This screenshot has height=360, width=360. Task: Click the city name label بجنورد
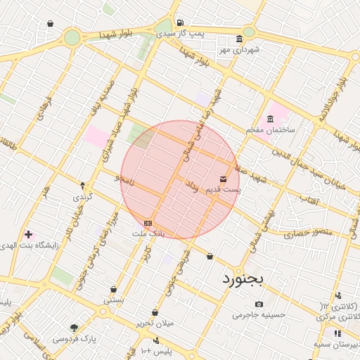pyautogui.click(x=242, y=278)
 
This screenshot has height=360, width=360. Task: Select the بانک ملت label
pyautogui.click(x=148, y=231)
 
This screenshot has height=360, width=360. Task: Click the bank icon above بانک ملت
pyautogui.click(x=148, y=221)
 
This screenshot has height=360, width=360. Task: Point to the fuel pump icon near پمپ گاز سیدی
pyautogui.click(x=181, y=22)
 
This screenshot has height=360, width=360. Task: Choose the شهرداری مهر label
pyautogui.click(x=239, y=49)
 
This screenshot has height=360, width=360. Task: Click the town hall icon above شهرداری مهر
pyautogui.click(x=240, y=39)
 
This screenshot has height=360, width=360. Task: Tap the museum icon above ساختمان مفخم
pyautogui.click(x=271, y=118)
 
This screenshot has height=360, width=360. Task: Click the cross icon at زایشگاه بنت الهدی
pyautogui.click(x=28, y=233)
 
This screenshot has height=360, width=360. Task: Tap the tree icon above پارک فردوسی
pyautogui.click(x=74, y=328)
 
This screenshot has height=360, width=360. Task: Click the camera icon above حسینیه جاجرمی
pyautogui.click(x=259, y=304)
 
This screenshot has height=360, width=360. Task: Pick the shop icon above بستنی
pyautogui.click(x=113, y=289)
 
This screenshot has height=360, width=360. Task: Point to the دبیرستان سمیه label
pyautogui.click(x=339, y=345)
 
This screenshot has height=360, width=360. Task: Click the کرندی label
pyautogui.click(x=83, y=198)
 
